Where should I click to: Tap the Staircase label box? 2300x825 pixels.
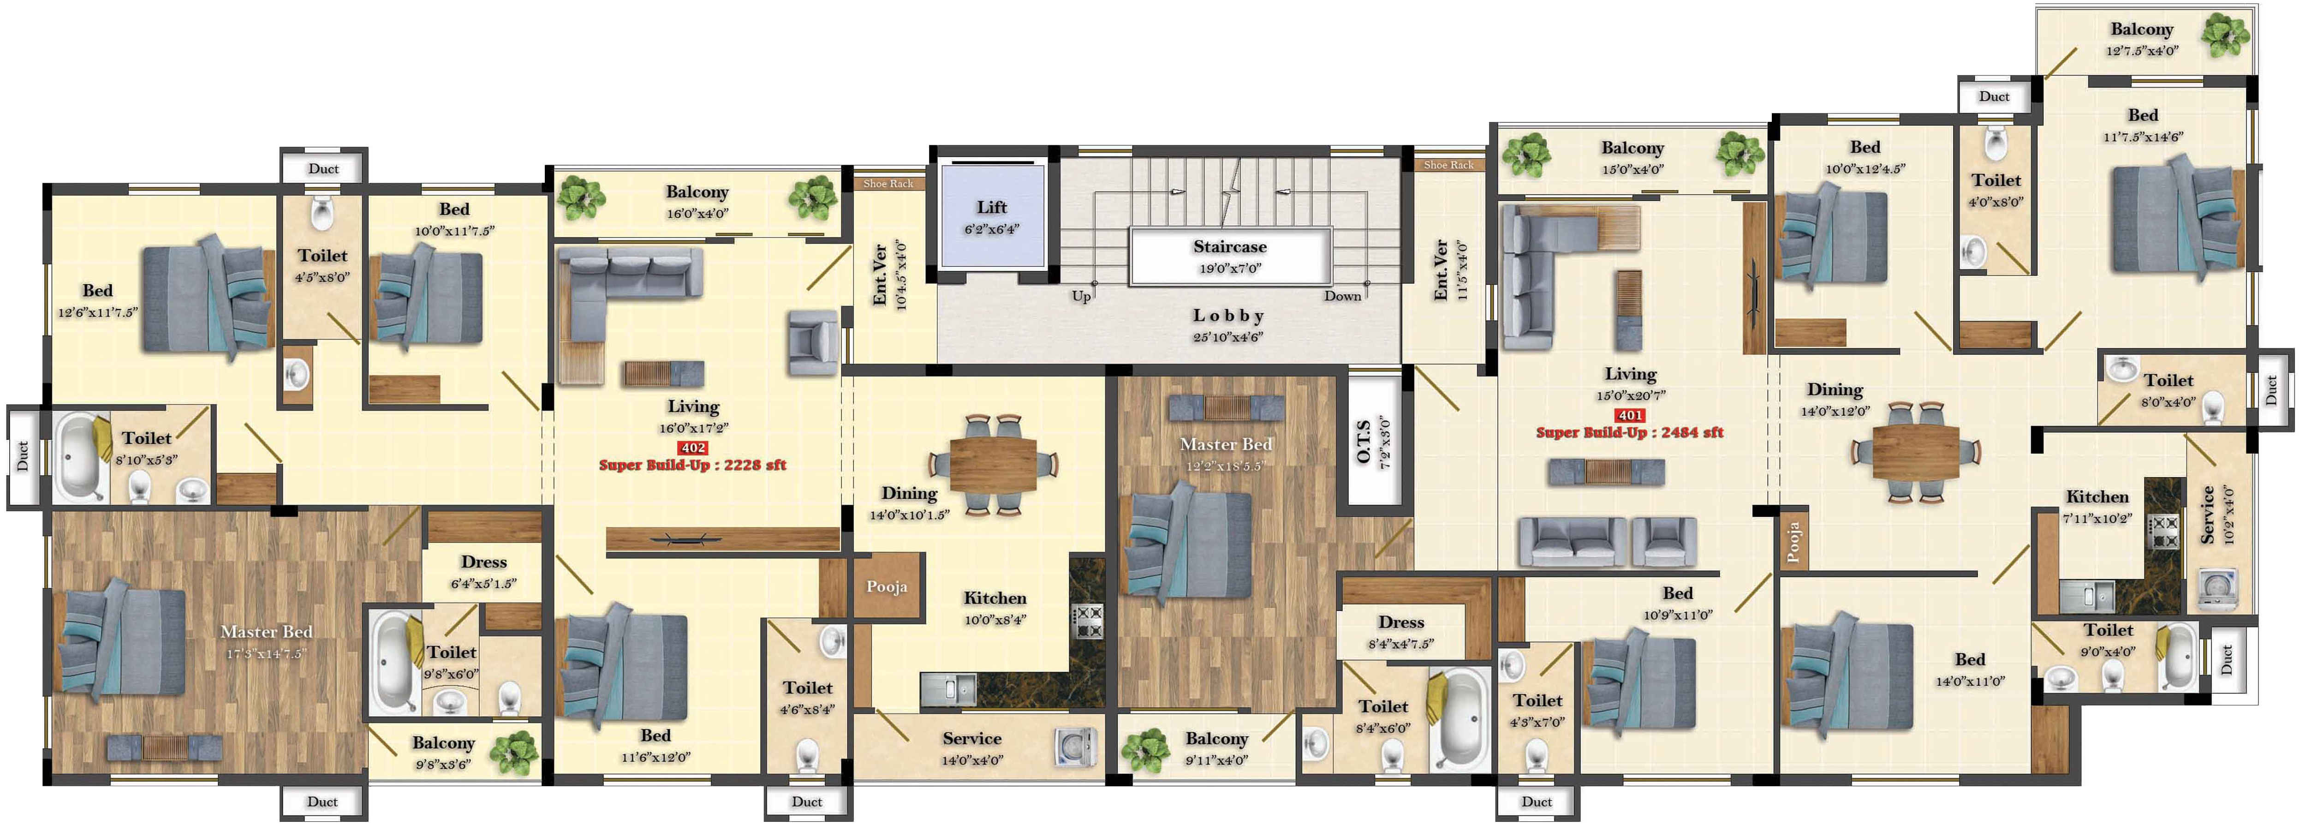[1230, 256]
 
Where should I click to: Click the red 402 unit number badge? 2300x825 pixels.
[693, 447]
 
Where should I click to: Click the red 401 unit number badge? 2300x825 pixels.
[1630, 415]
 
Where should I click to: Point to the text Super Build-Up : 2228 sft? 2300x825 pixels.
[693, 464]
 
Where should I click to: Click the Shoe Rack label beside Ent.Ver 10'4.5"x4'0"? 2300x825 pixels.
[888, 184]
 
